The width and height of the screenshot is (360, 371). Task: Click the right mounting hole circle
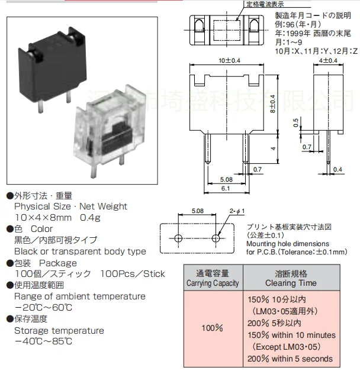point(216,238)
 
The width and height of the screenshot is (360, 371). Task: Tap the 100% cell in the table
point(212,327)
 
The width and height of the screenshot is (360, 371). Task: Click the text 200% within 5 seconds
point(290,359)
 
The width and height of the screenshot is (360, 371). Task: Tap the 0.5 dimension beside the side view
point(295,122)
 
